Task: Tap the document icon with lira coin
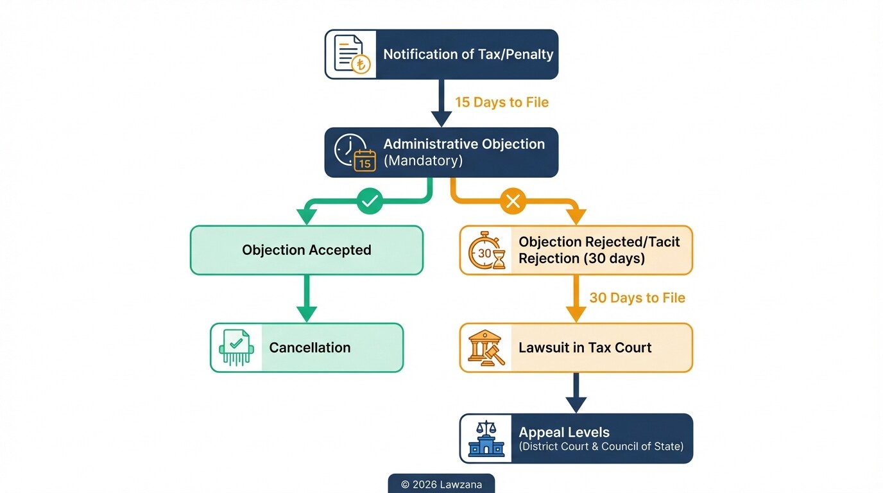click(x=351, y=55)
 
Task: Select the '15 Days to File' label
click(x=502, y=103)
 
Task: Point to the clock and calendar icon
click(x=354, y=153)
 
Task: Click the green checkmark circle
click(x=370, y=202)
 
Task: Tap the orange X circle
click(x=513, y=202)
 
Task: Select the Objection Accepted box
click(x=307, y=250)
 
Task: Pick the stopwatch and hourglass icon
click(x=486, y=250)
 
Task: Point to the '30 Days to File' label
click(x=637, y=298)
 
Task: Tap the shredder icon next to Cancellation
click(x=236, y=348)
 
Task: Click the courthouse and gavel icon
click(x=486, y=348)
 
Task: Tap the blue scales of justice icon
click(x=486, y=438)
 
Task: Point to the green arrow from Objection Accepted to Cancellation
click(x=307, y=298)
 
